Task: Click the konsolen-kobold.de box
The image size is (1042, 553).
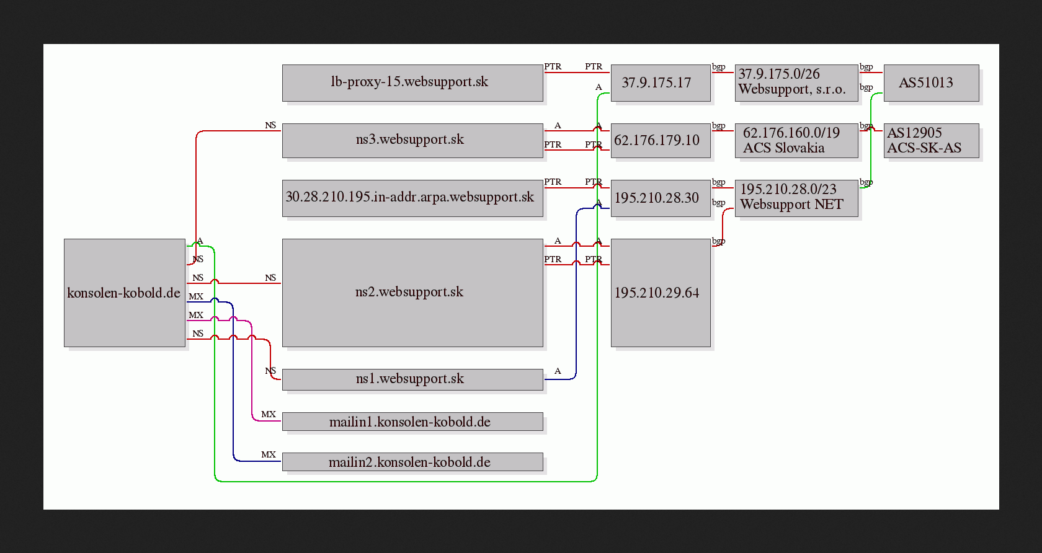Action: coord(125,293)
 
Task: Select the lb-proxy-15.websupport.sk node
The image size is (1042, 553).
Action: coord(412,83)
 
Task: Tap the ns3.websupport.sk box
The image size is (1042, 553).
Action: coord(412,141)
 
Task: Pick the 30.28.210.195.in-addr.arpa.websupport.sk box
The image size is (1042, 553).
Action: coord(412,198)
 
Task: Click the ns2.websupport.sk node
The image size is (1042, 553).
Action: coord(412,293)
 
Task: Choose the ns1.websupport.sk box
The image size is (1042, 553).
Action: coord(412,379)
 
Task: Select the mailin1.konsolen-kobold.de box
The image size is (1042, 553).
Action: coord(412,422)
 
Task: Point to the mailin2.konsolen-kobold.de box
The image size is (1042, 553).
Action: coord(412,462)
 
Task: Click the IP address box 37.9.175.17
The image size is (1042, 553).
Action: coord(661,83)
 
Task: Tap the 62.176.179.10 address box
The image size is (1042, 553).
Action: coord(661,141)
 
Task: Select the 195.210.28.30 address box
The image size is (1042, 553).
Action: coord(661,198)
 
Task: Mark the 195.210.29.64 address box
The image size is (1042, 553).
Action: coord(661,293)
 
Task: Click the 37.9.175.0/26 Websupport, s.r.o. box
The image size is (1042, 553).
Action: coord(796,83)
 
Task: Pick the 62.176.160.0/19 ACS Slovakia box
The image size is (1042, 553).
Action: coord(796,141)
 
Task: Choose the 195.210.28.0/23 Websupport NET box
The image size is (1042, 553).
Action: coord(796,198)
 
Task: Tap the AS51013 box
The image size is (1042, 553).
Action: coord(932,83)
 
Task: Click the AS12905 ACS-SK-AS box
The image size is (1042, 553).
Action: coord(932,141)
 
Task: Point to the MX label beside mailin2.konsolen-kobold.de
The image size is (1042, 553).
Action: coord(269,454)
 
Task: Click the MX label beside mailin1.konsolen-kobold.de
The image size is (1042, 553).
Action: coord(269,414)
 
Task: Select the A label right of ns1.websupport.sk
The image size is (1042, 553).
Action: coord(558,371)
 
